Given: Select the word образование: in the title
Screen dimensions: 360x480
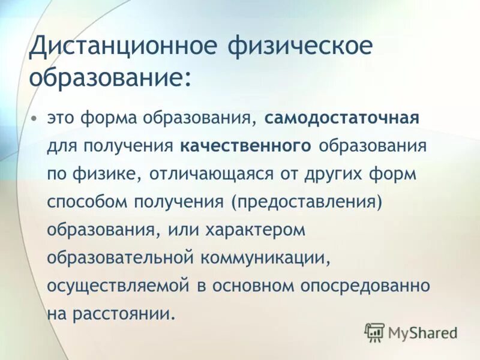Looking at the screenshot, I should [x=111, y=78].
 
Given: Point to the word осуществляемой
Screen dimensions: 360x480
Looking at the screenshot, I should [x=118, y=286].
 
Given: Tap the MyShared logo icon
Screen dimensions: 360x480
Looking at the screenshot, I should [x=374, y=332].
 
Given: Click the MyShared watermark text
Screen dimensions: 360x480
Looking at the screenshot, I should [x=422, y=332].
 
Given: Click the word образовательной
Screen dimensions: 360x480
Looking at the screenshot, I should [x=120, y=258].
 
